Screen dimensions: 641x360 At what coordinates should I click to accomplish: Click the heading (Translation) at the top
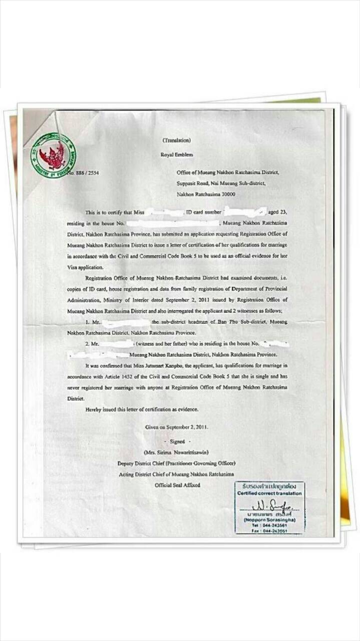pyautogui.click(x=176, y=140)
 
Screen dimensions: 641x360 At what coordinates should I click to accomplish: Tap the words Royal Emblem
pyautogui.click(x=176, y=155)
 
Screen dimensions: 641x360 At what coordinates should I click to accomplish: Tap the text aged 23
pyautogui.click(x=277, y=212)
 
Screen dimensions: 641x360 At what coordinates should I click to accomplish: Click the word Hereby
pyautogui.click(x=94, y=410)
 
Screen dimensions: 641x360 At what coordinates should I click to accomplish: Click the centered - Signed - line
pyautogui.click(x=177, y=441)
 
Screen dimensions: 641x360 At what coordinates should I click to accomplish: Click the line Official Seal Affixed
pyautogui.click(x=177, y=485)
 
